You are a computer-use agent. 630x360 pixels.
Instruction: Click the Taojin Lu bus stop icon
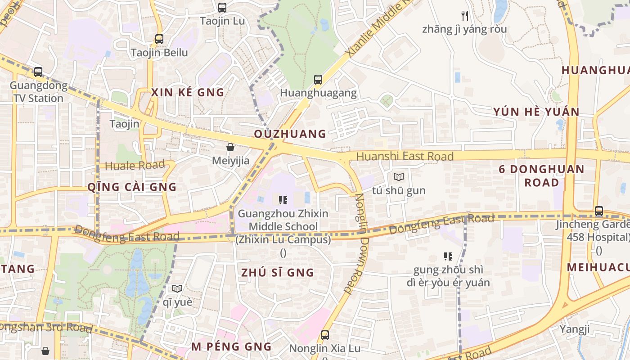click(222, 8)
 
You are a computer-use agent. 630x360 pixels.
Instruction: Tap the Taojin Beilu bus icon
click(159, 39)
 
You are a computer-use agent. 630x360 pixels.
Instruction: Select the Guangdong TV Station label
click(38, 92)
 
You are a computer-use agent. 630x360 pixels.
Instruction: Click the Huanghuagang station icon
click(318, 80)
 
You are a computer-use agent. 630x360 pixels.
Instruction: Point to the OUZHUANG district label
click(290, 134)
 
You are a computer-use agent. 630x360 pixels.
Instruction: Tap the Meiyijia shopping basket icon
click(230, 147)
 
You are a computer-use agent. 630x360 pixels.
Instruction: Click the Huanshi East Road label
click(405, 156)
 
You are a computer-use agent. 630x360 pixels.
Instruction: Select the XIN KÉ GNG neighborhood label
click(188, 93)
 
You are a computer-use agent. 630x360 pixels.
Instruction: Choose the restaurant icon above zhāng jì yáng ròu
click(465, 16)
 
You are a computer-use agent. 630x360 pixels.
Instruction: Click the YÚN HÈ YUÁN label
click(536, 112)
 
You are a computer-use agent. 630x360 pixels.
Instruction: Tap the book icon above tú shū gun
click(399, 177)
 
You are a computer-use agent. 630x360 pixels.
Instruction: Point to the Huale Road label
click(135, 165)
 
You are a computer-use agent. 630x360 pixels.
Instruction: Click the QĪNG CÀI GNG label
click(132, 187)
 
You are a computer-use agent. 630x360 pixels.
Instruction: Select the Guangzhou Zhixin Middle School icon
click(283, 200)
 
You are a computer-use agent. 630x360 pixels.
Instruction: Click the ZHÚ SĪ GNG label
click(277, 273)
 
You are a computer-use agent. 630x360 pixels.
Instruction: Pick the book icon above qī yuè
click(177, 288)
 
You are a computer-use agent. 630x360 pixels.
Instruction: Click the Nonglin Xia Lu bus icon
click(325, 335)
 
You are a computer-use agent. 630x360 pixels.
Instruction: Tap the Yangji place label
click(574, 329)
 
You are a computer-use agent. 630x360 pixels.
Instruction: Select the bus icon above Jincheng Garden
click(599, 211)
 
